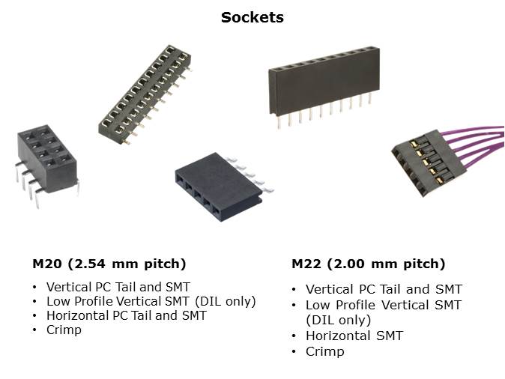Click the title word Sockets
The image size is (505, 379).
click(x=252, y=17)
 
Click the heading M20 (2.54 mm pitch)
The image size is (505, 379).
click(x=109, y=264)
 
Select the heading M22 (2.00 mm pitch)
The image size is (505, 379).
click(x=368, y=264)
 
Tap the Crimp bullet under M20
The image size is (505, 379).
click(x=64, y=330)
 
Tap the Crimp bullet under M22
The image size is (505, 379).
click(x=324, y=351)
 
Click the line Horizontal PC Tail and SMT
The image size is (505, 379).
click(x=126, y=315)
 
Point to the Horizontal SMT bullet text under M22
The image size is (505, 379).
click(x=354, y=336)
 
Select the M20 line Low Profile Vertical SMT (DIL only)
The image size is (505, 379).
click(x=151, y=301)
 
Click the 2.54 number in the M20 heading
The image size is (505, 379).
click(x=90, y=264)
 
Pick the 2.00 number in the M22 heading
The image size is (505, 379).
click(x=349, y=264)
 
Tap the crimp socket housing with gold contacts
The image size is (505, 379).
click(x=429, y=163)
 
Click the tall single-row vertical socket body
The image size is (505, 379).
click(x=324, y=80)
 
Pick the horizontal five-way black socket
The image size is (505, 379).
click(x=218, y=187)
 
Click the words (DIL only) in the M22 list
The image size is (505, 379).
click(x=338, y=321)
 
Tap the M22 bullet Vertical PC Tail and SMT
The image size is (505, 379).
click(x=384, y=289)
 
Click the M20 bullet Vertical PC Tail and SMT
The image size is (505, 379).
click(x=118, y=287)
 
